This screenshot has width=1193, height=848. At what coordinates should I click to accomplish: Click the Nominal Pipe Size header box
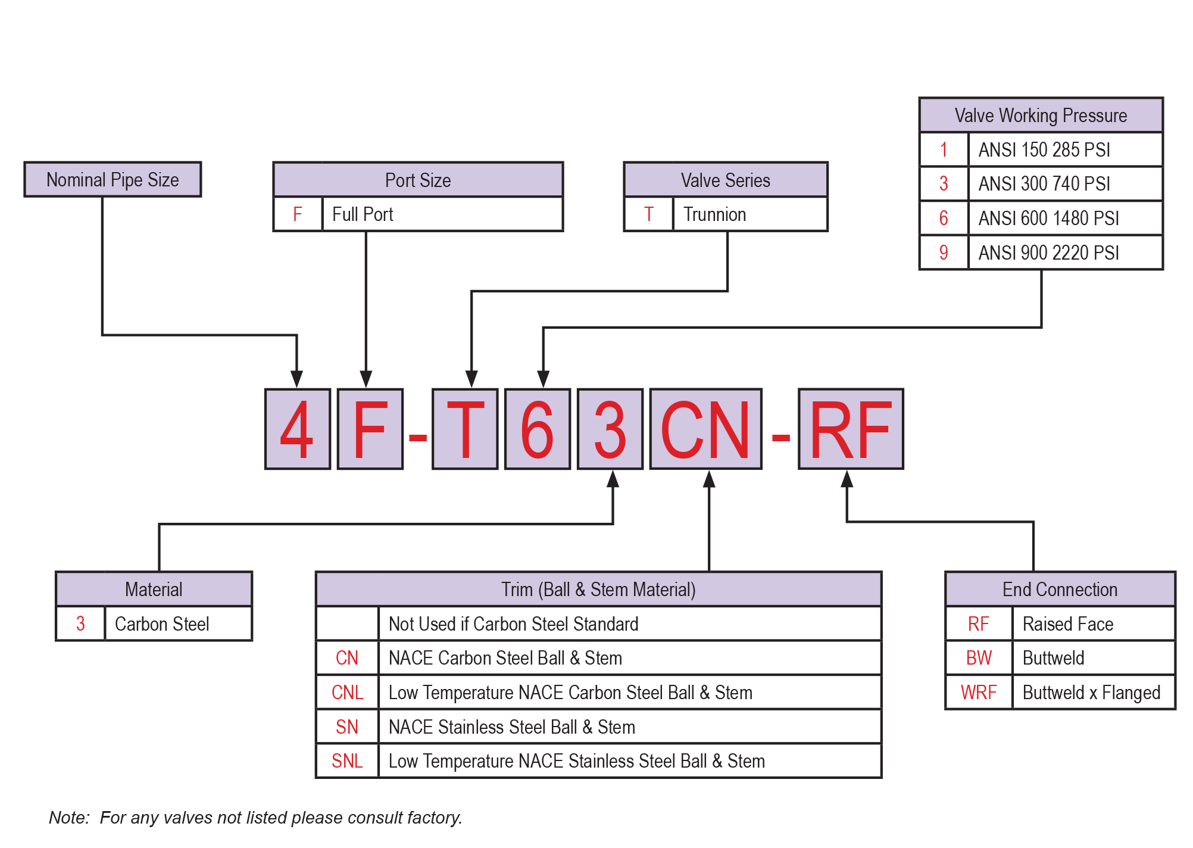tap(113, 179)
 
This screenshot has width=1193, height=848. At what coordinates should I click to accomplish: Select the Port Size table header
tap(418, 180)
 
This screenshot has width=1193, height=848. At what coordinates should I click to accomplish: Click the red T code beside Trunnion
tap(649, 214)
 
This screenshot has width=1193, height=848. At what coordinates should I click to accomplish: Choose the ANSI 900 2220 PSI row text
tap(1048, 253)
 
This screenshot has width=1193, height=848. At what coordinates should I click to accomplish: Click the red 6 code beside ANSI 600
tap(944, 219)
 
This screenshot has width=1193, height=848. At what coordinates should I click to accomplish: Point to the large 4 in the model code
tap(297, 429)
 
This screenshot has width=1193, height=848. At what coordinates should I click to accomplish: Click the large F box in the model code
tap(370, 429)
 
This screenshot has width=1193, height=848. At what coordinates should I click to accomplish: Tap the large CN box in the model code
tap(705, 429)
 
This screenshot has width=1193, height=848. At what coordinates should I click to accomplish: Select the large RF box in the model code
tap(851, 429)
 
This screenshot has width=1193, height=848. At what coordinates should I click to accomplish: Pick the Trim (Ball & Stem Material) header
tap(598, 590)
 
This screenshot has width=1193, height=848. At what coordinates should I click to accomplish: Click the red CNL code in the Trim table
tap(347, 693)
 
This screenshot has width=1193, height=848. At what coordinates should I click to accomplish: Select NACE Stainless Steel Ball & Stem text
tap(512, 727)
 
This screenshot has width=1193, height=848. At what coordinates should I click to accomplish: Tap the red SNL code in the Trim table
tap(347, 761)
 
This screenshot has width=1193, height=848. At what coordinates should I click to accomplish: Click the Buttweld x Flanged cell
tap(1091, 693)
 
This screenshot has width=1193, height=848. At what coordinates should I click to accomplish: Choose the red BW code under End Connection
tap(979, 658)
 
